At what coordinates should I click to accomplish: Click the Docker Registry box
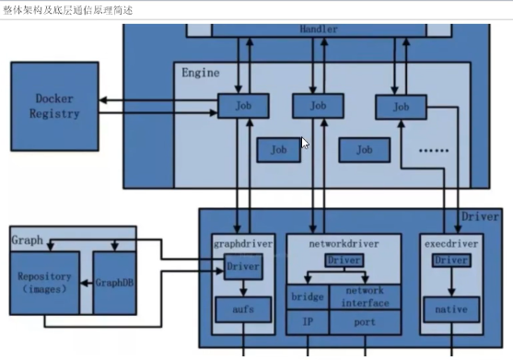[x=54, y=106]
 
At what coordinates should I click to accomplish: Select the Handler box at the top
[x=318, y=29]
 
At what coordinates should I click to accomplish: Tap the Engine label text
[x=200, y=73]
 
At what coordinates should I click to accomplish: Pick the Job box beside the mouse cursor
[x=279, y=148]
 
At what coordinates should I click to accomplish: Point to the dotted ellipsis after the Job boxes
[x=433, y=149]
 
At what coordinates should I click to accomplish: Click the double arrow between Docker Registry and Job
[x=157, y=100]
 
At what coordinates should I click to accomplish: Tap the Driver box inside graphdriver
[x=243, y=268]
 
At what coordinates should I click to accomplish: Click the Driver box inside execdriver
[x=451, y=261]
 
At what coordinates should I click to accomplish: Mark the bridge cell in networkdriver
[x=308, y=296]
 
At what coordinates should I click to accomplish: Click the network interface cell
[x=366, y=296]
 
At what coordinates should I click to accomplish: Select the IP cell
[x=308, y=322]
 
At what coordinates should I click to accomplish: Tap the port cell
[x=366, y=322]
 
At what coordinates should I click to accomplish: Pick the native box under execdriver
[x=451, y=309]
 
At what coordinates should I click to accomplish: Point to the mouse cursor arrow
[x=305, y=142]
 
